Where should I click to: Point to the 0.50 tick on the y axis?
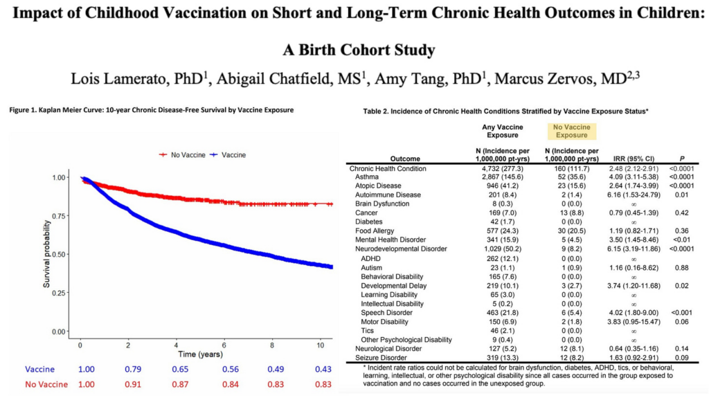coord(60,255)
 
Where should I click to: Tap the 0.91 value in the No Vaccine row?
coord(128,385)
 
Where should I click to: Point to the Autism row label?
coord(371,267)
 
